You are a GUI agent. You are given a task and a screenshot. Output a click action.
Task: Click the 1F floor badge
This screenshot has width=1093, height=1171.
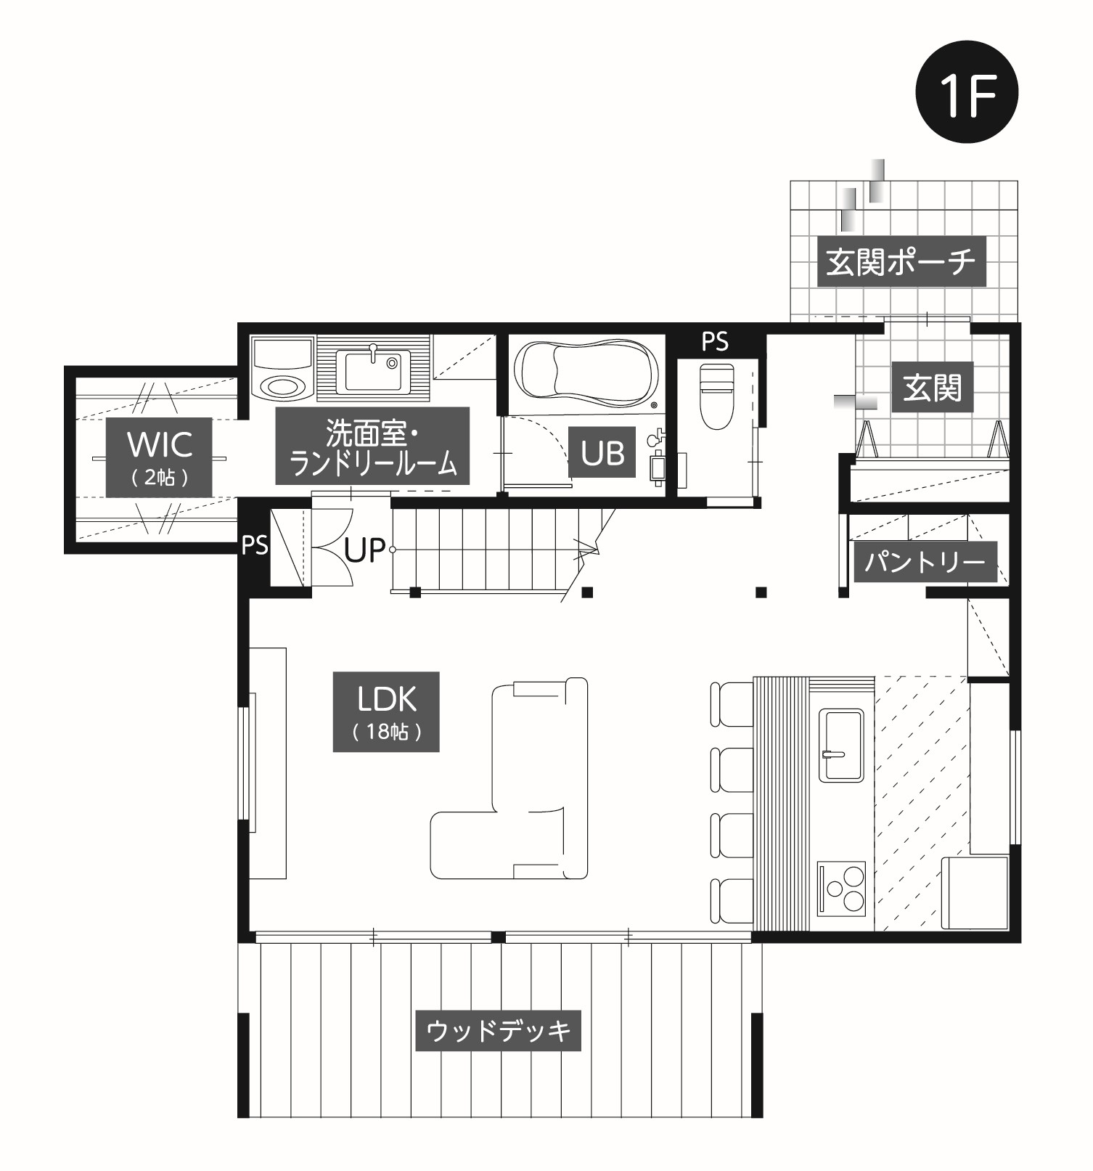coord(967,92)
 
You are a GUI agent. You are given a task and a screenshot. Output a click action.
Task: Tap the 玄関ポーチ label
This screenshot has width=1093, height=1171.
coord(901,261)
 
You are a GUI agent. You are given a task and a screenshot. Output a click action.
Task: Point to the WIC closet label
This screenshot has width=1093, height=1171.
coord(160,457)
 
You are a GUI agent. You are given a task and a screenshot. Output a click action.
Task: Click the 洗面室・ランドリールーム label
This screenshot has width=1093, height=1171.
coord(372,446)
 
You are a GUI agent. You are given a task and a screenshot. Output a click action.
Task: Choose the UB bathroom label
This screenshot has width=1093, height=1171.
coord(602,453)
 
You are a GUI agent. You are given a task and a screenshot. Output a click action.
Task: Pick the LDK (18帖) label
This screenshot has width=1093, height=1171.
coord(386,711)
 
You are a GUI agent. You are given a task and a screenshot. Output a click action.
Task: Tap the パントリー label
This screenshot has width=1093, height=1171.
coord(925,561)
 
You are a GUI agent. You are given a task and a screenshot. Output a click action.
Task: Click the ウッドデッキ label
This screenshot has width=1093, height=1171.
coord(498,1030)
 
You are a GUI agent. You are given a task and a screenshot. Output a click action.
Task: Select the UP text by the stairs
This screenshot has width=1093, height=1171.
coord(364,550)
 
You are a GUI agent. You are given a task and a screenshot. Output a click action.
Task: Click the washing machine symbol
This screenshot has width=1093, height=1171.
coord(283,367)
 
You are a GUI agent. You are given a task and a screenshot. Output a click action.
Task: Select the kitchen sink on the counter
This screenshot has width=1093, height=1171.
coord(841,745)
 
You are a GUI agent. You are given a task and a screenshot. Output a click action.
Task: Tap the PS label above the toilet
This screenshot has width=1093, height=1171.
coord(715,341)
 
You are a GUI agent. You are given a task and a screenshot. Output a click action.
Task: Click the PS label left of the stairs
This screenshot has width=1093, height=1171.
coord(255,545)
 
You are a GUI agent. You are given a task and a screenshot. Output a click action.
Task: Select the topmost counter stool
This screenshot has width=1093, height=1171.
coord(732,703)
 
